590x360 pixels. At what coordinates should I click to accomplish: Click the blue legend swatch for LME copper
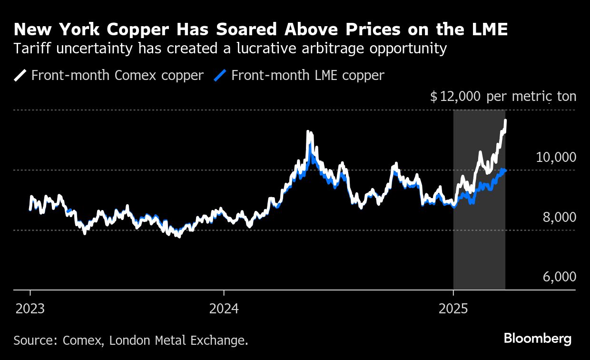pyautogui.click(x=220, y=75)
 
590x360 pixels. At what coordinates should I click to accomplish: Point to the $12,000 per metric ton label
pyautogui.click(x=502, y=97)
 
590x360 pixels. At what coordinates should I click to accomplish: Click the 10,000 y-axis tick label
pyautogui.click(x=556, y=157)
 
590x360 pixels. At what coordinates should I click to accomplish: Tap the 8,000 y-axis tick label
pyautogui.click(x=559, y=217)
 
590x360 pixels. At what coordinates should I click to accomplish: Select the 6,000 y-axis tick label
pyautogui.click(x=559, y=277)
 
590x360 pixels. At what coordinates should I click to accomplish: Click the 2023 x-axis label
pyautogui.click(x=30, y=309)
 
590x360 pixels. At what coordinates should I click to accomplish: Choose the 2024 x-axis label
pyautogui.click(x=224, y=309)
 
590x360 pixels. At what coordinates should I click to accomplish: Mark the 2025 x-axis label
pyautogui.click(x=453, y=309)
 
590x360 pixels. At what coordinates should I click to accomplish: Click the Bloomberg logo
pyautogui.click(x=537, y=339)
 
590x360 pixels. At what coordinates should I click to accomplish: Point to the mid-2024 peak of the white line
pyautogui.click(x=308, y=132)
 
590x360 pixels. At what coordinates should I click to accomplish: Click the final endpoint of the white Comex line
pyautogui.click(x=505, y=120)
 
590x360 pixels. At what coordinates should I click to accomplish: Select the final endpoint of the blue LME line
pyautogui.click(x=505, y=170)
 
